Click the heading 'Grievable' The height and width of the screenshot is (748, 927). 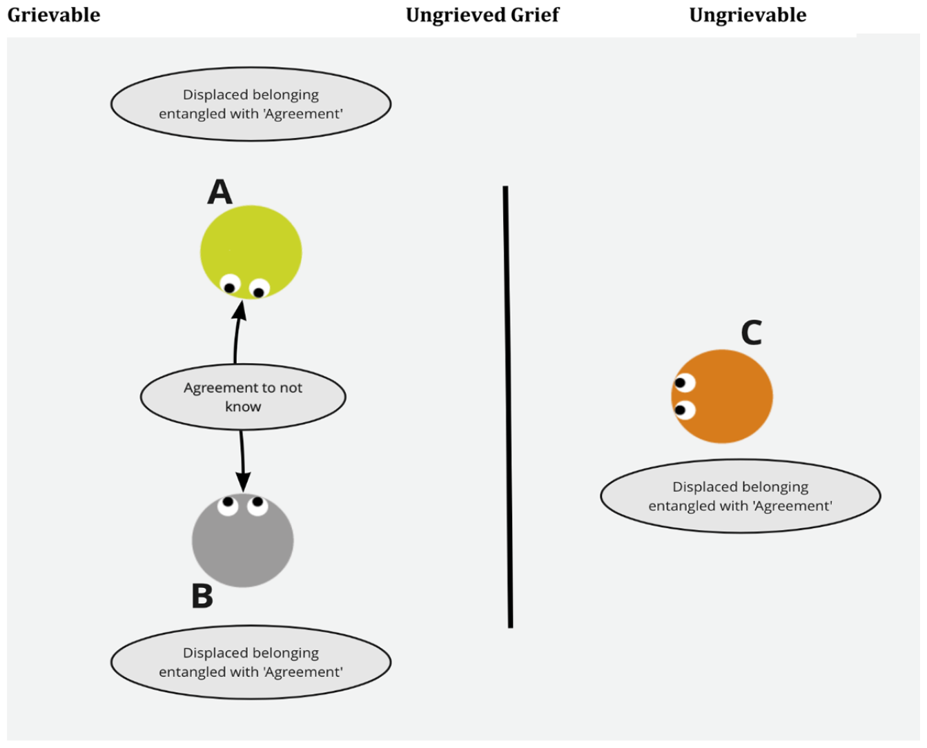[54, 14]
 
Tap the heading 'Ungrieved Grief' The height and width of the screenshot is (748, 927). [482, 14]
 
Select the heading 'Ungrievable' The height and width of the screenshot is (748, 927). [748, 14]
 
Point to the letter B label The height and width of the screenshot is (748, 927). [202, 596]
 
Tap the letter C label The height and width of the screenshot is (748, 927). [751, 333]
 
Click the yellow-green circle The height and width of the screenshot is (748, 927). [251, 253]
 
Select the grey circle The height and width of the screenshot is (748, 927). [243, 540]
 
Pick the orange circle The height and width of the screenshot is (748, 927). [722, 396]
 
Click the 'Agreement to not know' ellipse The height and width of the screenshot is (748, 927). [243, 397]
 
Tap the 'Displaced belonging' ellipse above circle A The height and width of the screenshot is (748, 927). [251, 104]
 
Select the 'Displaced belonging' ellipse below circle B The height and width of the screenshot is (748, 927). [251, 662]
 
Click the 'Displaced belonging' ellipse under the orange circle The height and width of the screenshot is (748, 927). [741, 496]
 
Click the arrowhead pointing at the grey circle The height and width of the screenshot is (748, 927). [243, 482]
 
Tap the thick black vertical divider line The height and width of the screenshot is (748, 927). [508, 407]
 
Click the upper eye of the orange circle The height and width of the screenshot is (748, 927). [685, 383]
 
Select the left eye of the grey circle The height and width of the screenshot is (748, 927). [228, 505]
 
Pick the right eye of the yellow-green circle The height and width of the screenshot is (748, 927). [260, 289]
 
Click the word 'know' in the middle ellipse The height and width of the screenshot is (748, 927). [243, 407]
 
